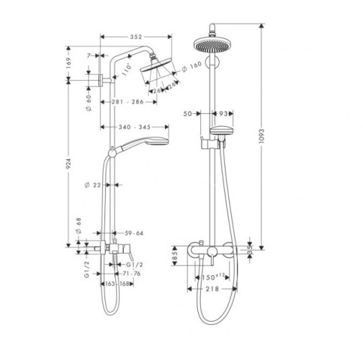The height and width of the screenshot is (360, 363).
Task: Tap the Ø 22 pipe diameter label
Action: (x=91, y=185)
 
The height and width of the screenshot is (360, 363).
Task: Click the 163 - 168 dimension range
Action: (x=118, y=284)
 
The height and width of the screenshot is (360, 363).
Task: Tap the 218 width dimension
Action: (x=210, y=288)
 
